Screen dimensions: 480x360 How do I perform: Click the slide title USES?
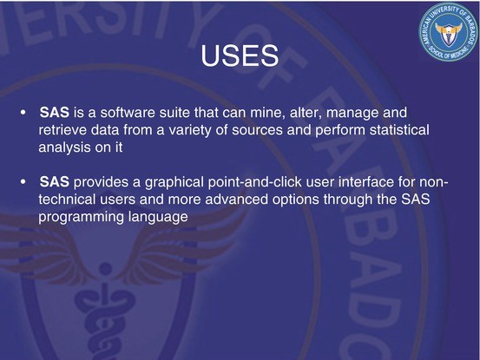click(240, 56)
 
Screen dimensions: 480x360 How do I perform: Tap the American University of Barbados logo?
click(449, 32)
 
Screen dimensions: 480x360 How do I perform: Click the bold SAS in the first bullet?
click(55, 112)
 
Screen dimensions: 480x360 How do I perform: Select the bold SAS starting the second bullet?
click(55, 181)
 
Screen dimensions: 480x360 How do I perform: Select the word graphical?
click(174, 182)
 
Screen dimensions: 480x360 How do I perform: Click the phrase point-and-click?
click(254, 182)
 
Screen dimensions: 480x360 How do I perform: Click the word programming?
click(81, 218)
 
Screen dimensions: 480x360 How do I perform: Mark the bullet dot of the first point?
click(23, 113)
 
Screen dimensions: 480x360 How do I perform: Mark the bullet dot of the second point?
click(23, 182)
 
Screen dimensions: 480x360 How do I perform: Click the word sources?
click(257, 131)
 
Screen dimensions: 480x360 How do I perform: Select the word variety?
click(190, 131)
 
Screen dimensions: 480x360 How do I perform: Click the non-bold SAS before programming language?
click(416, 200)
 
